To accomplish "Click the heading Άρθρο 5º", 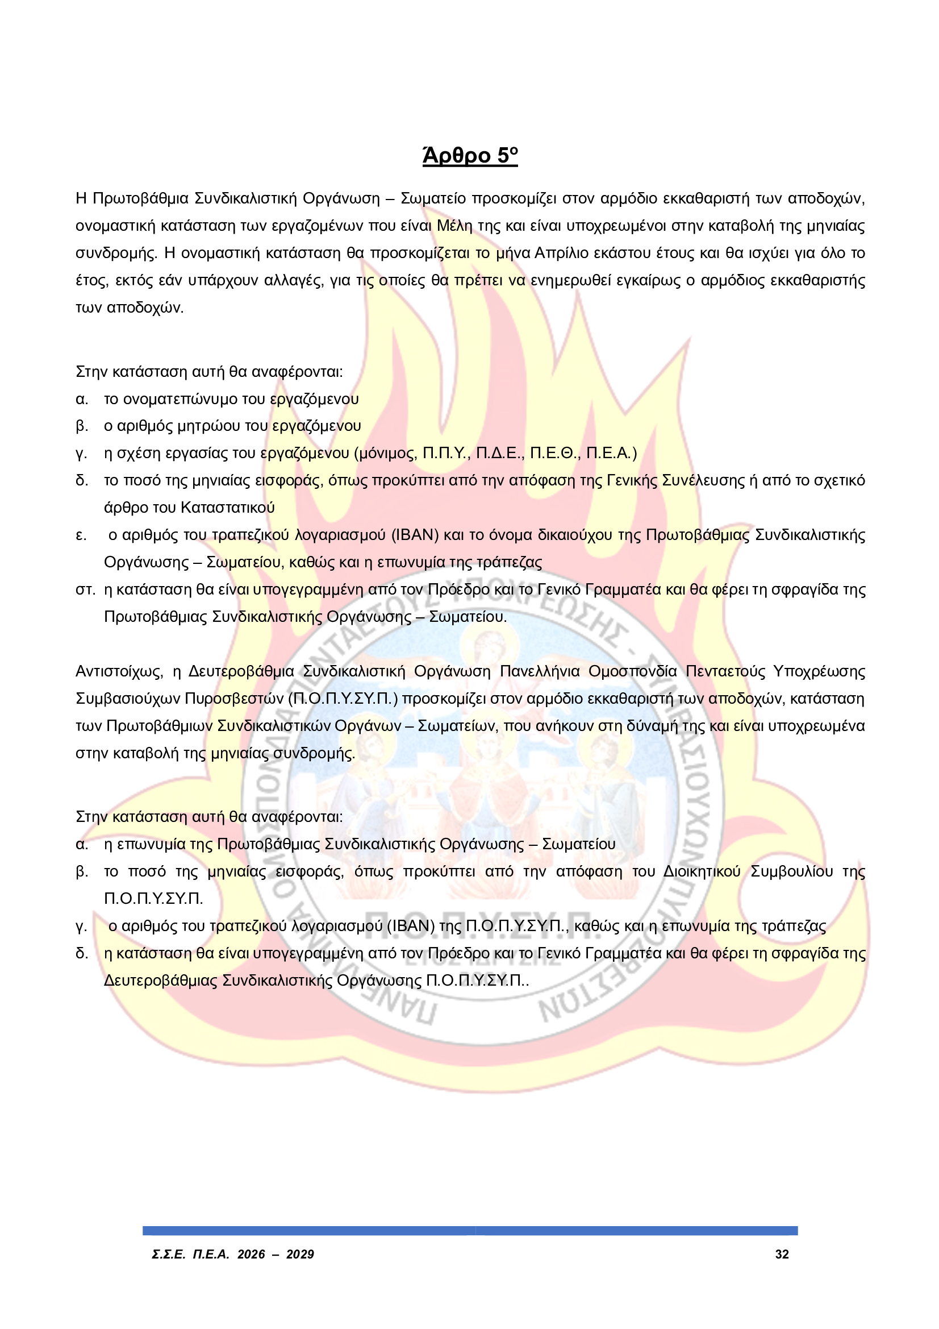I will click(469, 156).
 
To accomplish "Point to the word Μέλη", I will click(454, 226).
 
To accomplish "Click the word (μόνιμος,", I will click(385, 453).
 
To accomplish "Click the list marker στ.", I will click(85, 590).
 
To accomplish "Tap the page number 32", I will click(782, 1254).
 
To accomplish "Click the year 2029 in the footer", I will click(300, 1254).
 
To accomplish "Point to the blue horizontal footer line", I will click(470, 1231).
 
